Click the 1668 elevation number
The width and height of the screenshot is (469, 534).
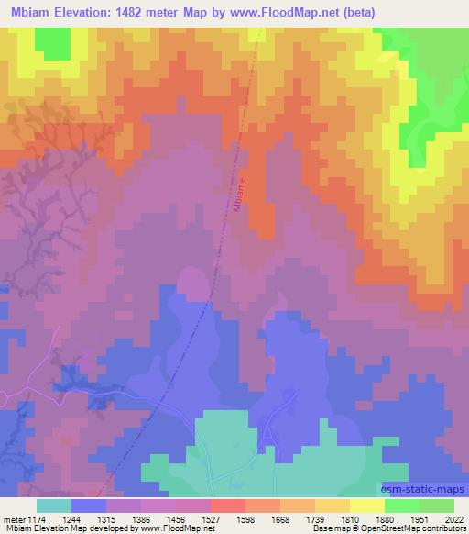pos(282,517)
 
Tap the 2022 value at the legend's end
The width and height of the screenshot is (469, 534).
pos(453,517)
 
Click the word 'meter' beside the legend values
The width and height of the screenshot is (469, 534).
pos(14,517)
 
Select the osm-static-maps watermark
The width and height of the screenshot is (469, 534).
pos(421,491)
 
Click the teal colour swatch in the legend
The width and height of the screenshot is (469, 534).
pos(54,506)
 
